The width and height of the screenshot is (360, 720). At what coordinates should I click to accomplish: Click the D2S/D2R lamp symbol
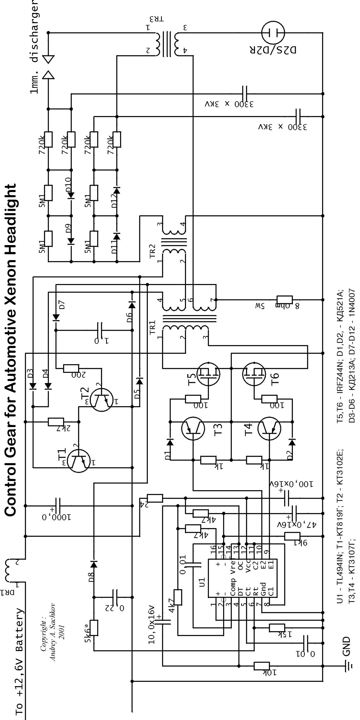(273, 32)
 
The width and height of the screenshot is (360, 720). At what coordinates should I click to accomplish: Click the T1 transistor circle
(79, 461)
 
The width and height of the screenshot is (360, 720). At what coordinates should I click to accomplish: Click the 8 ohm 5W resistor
(284, 300)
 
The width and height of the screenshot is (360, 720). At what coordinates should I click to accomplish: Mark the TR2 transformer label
(152, 251)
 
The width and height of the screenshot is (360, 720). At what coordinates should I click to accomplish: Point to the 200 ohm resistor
(71, 368)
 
